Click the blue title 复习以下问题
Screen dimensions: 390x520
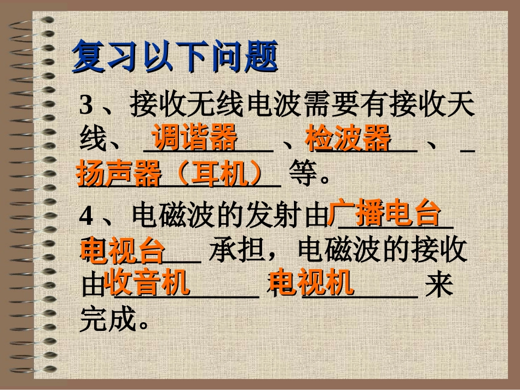175,56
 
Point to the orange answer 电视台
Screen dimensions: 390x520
122,250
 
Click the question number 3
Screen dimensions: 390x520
85,105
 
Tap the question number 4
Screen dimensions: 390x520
86,217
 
